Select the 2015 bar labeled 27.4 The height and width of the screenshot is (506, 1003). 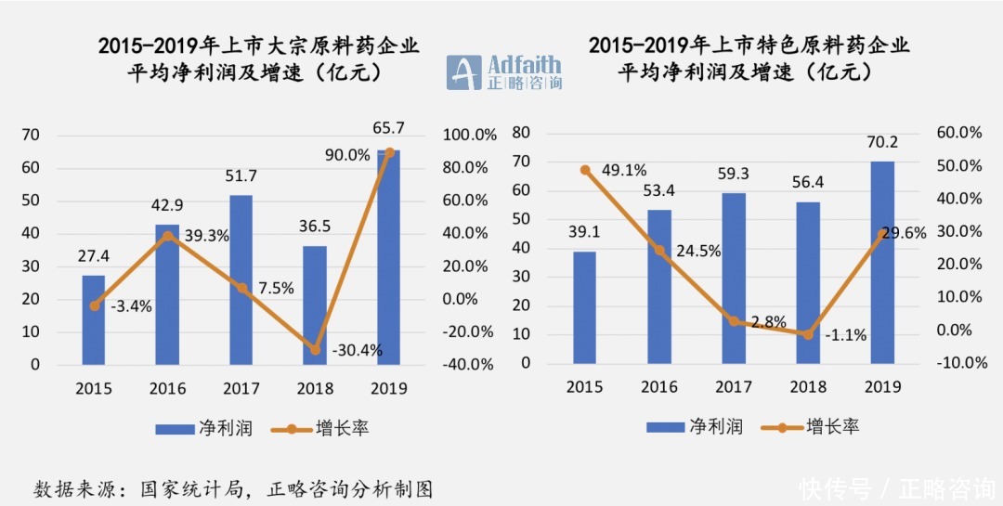94,320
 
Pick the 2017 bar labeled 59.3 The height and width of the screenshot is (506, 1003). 734,279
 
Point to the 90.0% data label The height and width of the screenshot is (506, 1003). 347,155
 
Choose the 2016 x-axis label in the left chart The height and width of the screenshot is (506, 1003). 167,388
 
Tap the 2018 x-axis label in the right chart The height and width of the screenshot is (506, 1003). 807,387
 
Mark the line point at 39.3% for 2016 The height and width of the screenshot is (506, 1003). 167,236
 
